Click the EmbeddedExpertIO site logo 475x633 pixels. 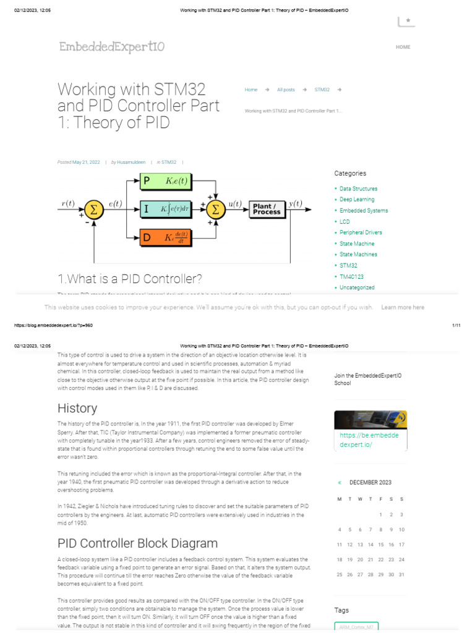click(x=112, y=47)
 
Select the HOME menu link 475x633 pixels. click(x=403, y=47)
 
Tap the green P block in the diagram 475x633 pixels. click(x=166, y=181)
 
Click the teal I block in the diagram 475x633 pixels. click(x=166, y=209)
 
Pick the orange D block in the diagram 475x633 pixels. click(x=166, y=237)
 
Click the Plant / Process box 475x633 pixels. click(x=267, y=209)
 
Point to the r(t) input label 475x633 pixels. click(x=68, y=203)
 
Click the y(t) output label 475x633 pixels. click(x=296, y=203)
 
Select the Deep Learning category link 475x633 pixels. click(x=357, y=200)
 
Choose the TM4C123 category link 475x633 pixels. click(x=352, y=276)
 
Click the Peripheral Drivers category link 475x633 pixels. click(x=361, y=232)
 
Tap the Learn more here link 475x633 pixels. click(x=403, y=307)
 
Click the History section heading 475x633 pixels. click(x=77, y=408)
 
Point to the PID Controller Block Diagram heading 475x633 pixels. click(x=137, y=543)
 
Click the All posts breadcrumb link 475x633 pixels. click(x=286, y=90)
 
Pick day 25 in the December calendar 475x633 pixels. click(x=339, y=574)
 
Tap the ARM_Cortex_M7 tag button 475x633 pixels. click(x=356, y=627)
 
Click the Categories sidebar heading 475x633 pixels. click(x=350, y=174)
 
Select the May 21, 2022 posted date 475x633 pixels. click(x=86, y=162)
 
